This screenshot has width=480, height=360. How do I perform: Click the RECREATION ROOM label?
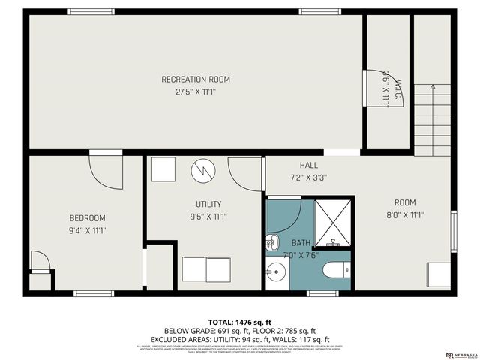[x=196, y=79]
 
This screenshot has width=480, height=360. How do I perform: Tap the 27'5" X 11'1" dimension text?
[x=196, y=92]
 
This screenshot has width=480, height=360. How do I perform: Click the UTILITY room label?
[x=209, y=203]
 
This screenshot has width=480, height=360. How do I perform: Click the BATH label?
[x=301, y=243]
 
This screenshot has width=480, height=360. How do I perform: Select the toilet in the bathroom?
[x=333, y=271]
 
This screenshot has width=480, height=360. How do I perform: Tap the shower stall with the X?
[x=331, y=222]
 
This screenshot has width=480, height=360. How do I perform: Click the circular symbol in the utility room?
[x=203, y=171]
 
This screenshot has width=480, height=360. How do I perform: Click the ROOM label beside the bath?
[x=405, y=202]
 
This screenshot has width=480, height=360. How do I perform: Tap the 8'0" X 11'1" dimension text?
[x=405, y=216]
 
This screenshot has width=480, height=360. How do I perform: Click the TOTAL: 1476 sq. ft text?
[x=240, y=320]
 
